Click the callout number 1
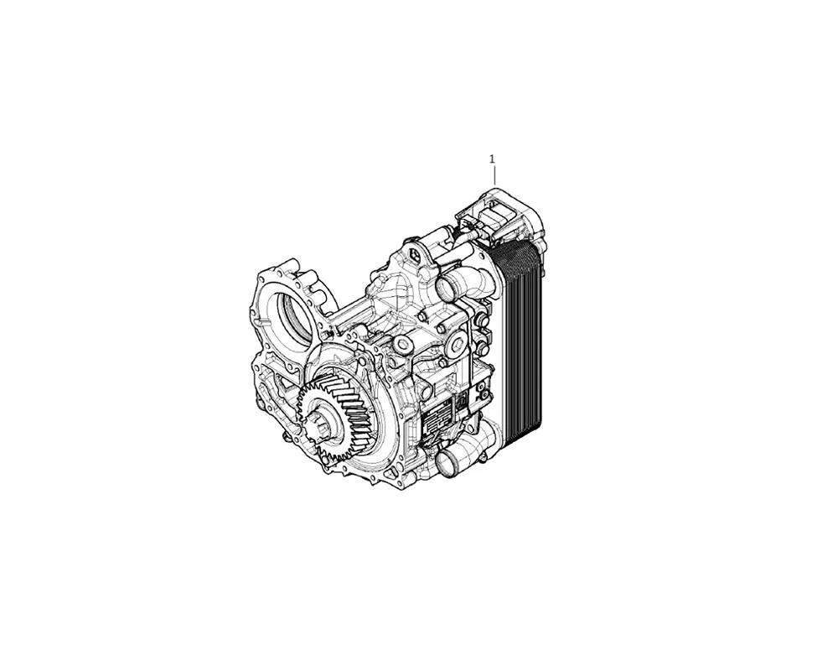tap(492, 159)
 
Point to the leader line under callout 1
tap(494, 175)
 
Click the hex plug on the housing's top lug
tap(414, 252)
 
